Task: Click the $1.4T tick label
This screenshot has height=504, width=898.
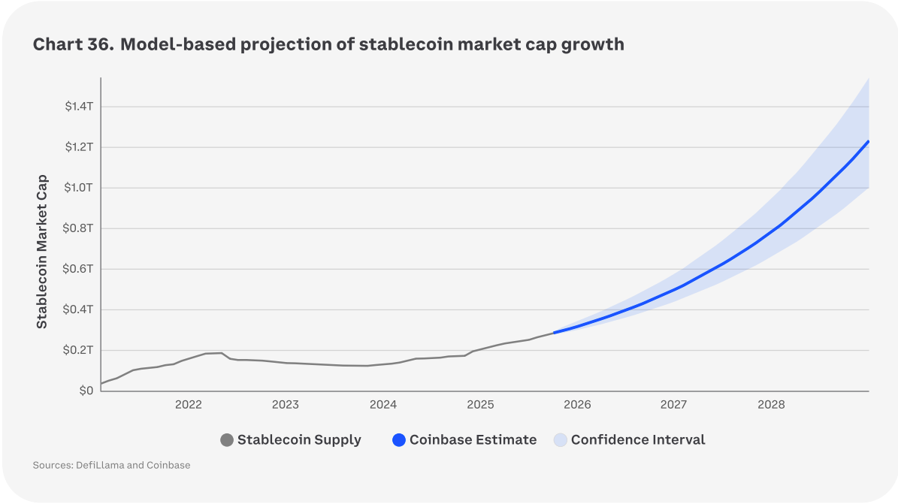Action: point(79,107)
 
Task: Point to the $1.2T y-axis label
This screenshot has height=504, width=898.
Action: point(79,147)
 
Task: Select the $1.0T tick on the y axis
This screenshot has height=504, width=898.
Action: point(79,188)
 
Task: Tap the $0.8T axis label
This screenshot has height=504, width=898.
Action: point(79,228)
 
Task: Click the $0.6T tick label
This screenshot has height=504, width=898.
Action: point(79,269)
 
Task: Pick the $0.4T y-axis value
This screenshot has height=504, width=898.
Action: point(79,309)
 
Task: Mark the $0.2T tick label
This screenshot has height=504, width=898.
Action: point(79,350)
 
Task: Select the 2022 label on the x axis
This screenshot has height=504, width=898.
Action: point(189,405)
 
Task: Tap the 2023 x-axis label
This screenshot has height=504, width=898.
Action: point(286,405)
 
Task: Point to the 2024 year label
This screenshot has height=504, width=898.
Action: point(383,405)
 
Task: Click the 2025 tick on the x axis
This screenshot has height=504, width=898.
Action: point(480,405)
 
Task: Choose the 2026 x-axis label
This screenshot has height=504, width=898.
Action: point(577,405)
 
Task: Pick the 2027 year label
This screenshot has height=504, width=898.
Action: point(674,405)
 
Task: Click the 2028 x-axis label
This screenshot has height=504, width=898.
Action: point(772,405)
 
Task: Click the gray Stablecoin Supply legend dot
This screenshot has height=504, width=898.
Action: point(227,440)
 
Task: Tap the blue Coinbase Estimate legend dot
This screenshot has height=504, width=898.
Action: point(399,440)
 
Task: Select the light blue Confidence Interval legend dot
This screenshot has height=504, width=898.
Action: point(560,440)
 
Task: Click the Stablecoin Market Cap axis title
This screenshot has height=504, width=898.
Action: point(42,252)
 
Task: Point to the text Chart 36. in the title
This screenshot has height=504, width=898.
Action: point(73,44)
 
